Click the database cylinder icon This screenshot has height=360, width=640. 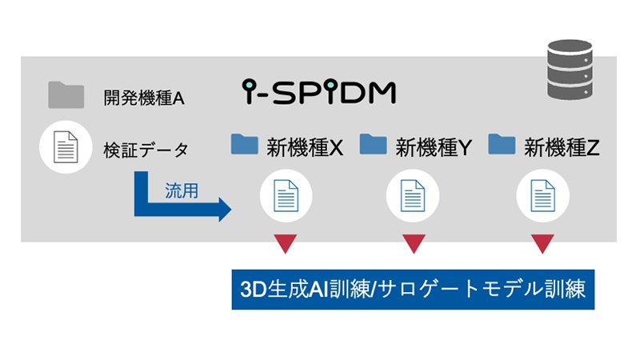click(570, 70)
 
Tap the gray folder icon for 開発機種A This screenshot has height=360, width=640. click(66, 95)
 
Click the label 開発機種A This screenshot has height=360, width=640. click(144, 98)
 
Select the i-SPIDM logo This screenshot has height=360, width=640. click(318, 92)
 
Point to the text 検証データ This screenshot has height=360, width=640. click(146, 149)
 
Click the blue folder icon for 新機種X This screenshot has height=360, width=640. click(244, 144)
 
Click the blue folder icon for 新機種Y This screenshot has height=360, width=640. click(373, 144)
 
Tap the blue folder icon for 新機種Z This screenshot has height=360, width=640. click(502, 144)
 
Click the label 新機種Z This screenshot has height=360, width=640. click(562, 146)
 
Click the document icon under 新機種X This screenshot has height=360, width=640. click(286, 197)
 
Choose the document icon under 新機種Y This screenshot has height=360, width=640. click(413, 197)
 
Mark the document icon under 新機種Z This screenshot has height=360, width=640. click(542, 197)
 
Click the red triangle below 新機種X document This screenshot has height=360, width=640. click(286, 242)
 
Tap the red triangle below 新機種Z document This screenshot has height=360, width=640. click(542, 242)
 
